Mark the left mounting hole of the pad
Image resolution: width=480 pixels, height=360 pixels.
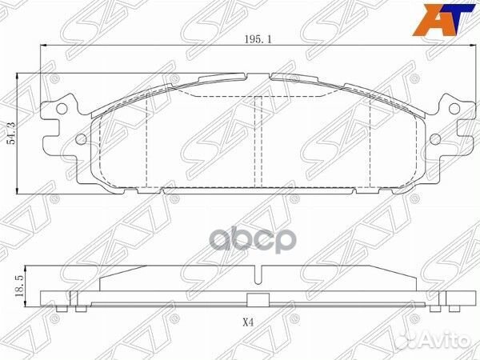81,141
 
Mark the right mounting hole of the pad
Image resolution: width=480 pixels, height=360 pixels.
434,141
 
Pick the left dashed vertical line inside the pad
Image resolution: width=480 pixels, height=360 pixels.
150,144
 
